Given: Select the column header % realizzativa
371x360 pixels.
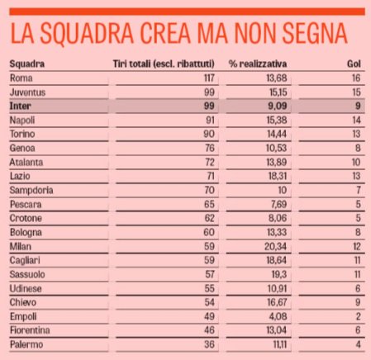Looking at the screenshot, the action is (x=258, y=64).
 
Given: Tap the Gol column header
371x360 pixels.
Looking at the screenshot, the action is (x=354, y=64).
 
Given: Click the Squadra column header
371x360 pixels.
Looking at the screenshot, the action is (x=27, y=64).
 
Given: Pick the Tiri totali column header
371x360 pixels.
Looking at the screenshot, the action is (x=164, y=64).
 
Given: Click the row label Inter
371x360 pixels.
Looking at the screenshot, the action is (x=20, y=106).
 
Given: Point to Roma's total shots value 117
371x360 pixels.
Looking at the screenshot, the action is (x=209, y=78).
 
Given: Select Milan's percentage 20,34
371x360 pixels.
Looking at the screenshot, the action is (x=275, y=246).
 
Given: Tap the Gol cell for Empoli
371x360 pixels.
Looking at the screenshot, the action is (x=358, y=316).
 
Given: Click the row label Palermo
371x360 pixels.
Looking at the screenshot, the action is (x=26, y=344).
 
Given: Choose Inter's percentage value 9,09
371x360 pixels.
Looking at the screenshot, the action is (x=278, y=106).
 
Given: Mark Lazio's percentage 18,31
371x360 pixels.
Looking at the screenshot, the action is (x=278, y=176).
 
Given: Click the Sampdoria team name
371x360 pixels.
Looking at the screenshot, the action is (x=31, y=190).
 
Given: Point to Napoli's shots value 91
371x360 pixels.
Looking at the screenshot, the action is (x=210, y=121).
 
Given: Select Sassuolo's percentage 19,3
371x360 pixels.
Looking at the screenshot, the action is (x=279, y=274).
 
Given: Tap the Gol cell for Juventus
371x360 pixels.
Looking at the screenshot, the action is (x=357, y=92).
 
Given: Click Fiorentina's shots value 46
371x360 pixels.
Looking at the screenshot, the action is (x=209, y=330).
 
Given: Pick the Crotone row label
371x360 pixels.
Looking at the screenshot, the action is (x=26, y=218).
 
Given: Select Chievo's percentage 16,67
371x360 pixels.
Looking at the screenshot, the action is (x=277, y=302).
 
